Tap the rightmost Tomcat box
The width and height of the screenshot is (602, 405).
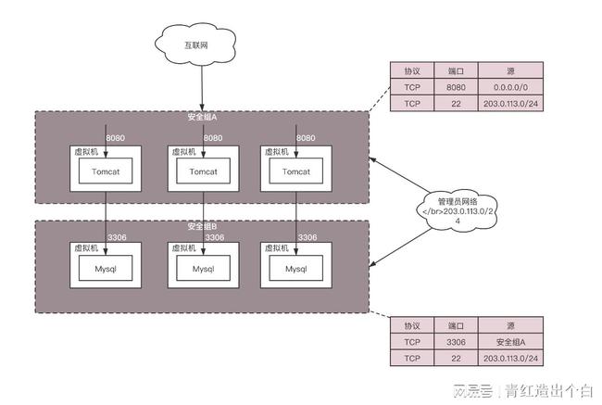tap(295, 171)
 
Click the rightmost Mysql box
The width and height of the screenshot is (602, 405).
tap(295, 269)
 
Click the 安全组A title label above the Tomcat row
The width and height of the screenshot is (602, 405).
tap(202, 118)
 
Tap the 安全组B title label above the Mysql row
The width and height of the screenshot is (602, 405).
tap(202, 226)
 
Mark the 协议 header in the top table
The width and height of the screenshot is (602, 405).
tap(412, 70)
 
